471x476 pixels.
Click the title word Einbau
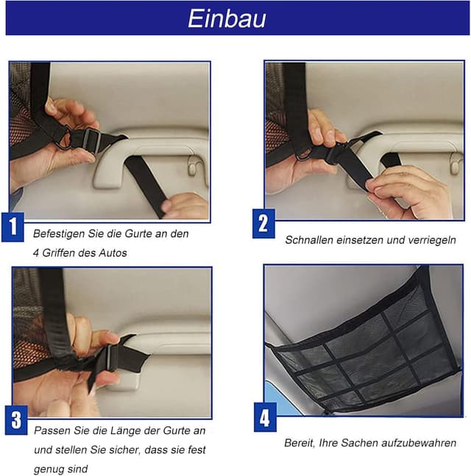(x=227, y=18)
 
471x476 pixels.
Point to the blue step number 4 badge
(x=266, y=419)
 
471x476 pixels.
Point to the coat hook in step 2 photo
(x=456, y=166)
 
